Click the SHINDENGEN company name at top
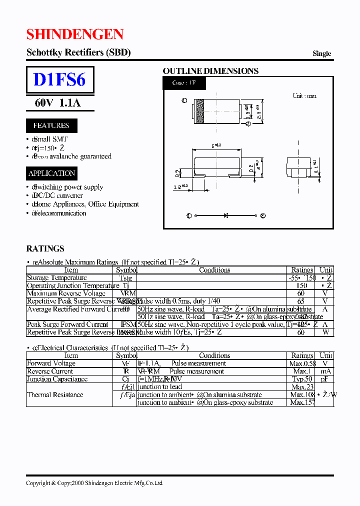[75, 34]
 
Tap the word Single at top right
[321, 53]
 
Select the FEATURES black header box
[51, 125]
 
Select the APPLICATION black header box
[52, 173]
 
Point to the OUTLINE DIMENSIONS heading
[210, 71]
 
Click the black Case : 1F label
[183, 83]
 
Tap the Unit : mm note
[304, 95]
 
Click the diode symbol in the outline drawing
[226, 215]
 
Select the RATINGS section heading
[45, 248]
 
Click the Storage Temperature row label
[56, 278]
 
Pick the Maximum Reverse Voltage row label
[66, 293]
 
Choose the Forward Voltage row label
[51, 363]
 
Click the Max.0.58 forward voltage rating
[302, 363]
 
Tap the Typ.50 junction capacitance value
[302, 379]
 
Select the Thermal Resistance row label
[55, 395]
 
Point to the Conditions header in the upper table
[214, 270]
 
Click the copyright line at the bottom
[94, 483]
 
